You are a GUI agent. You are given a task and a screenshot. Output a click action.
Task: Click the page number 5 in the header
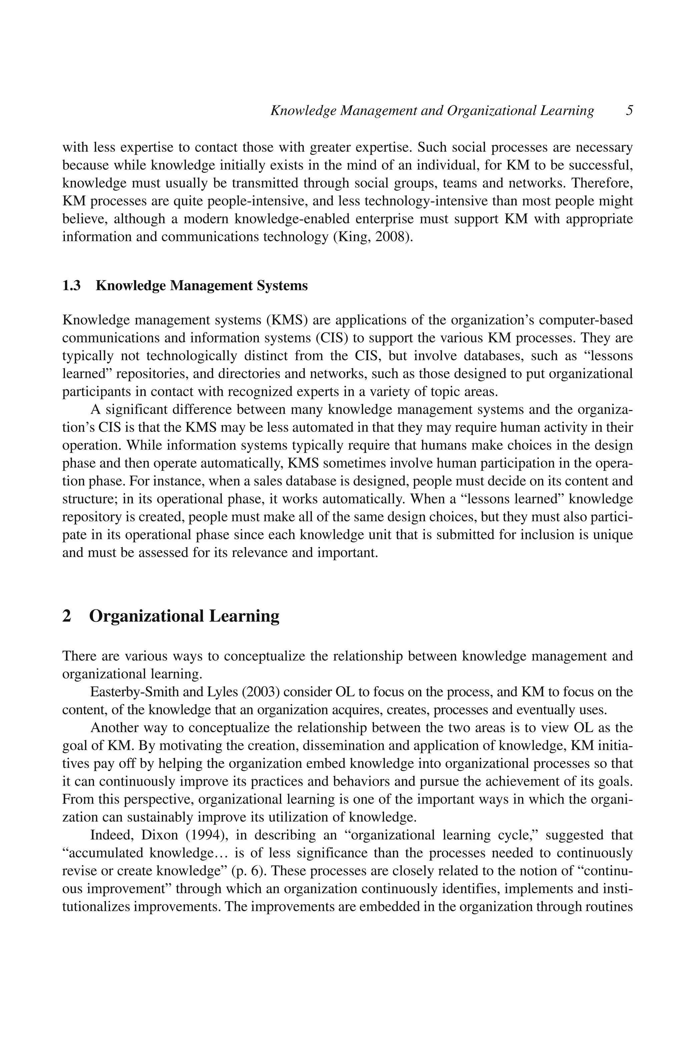point(629,110)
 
